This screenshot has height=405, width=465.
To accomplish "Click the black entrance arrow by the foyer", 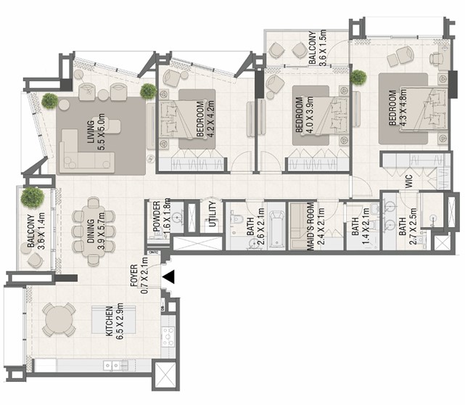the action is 169,277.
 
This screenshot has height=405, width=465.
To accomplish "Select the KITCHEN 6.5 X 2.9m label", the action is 114,321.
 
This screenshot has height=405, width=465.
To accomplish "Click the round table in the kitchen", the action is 59,319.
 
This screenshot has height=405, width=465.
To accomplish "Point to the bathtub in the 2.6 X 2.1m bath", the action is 276,229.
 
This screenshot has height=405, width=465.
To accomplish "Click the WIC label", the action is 408,181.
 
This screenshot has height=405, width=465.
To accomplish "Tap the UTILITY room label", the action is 213,214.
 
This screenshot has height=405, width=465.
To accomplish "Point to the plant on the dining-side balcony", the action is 33,197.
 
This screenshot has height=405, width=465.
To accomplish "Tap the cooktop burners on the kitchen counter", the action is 168,337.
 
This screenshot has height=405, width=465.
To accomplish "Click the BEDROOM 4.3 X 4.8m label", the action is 397,107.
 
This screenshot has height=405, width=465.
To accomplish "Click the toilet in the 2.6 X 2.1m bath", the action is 236,218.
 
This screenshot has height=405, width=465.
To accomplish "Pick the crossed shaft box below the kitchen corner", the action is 165,375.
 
